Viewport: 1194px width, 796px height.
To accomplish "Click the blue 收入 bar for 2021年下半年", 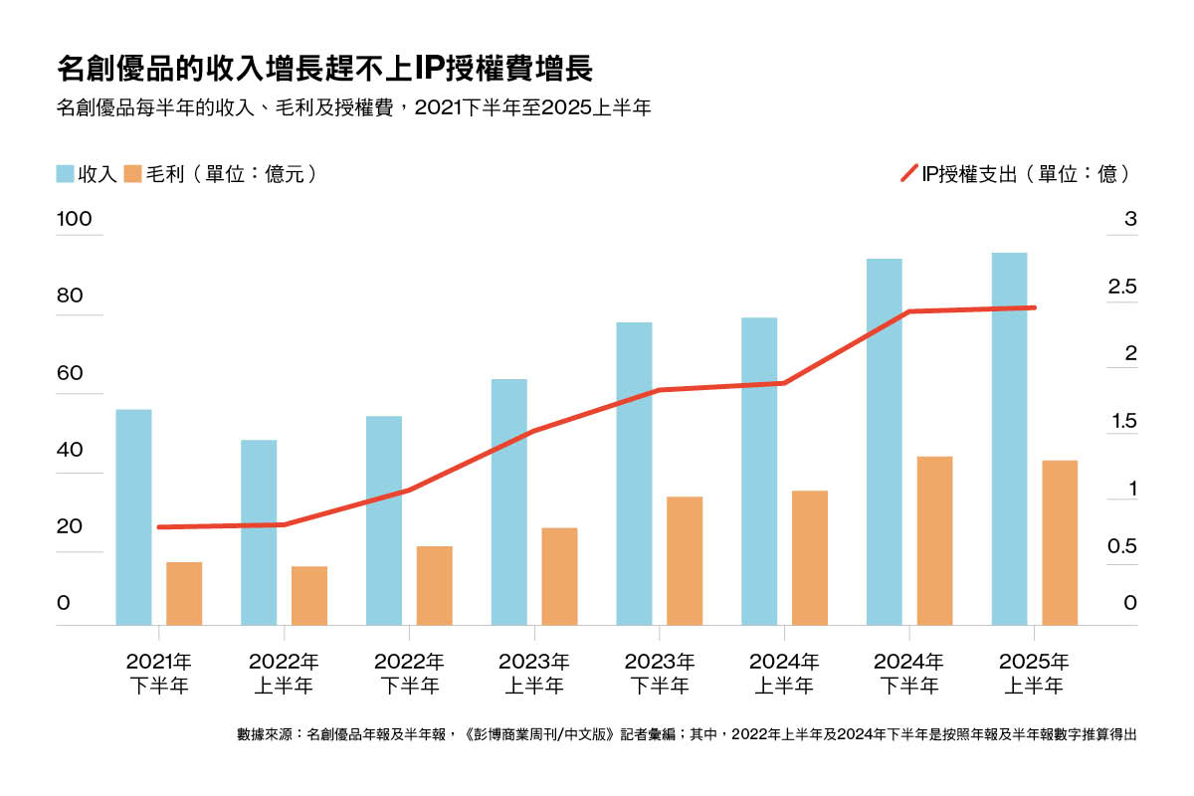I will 133,517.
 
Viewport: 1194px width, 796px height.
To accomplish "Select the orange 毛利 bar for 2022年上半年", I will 309,596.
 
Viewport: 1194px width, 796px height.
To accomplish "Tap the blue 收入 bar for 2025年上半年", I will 1009,439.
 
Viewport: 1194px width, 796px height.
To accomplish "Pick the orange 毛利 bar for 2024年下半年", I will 934,540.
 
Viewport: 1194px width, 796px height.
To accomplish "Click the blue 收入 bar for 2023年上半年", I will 509,502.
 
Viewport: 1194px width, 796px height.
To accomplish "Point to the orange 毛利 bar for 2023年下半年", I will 685,561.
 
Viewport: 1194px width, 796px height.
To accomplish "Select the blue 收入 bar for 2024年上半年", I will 759,472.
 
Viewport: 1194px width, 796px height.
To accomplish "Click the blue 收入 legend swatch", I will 66,174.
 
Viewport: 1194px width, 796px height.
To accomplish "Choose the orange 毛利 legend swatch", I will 132,174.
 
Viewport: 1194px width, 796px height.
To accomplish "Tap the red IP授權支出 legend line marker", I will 908,174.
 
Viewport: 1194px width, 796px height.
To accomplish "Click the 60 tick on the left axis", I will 70,373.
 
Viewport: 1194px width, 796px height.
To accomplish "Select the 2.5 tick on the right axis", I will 1122,287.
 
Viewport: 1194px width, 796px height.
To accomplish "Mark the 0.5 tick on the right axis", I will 1122,546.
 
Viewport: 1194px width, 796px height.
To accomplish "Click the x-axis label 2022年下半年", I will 409,673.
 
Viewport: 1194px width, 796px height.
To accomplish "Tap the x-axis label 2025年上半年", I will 1034,673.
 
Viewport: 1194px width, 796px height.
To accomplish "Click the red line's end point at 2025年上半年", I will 1035,307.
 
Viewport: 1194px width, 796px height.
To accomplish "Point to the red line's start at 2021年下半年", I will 159,527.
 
